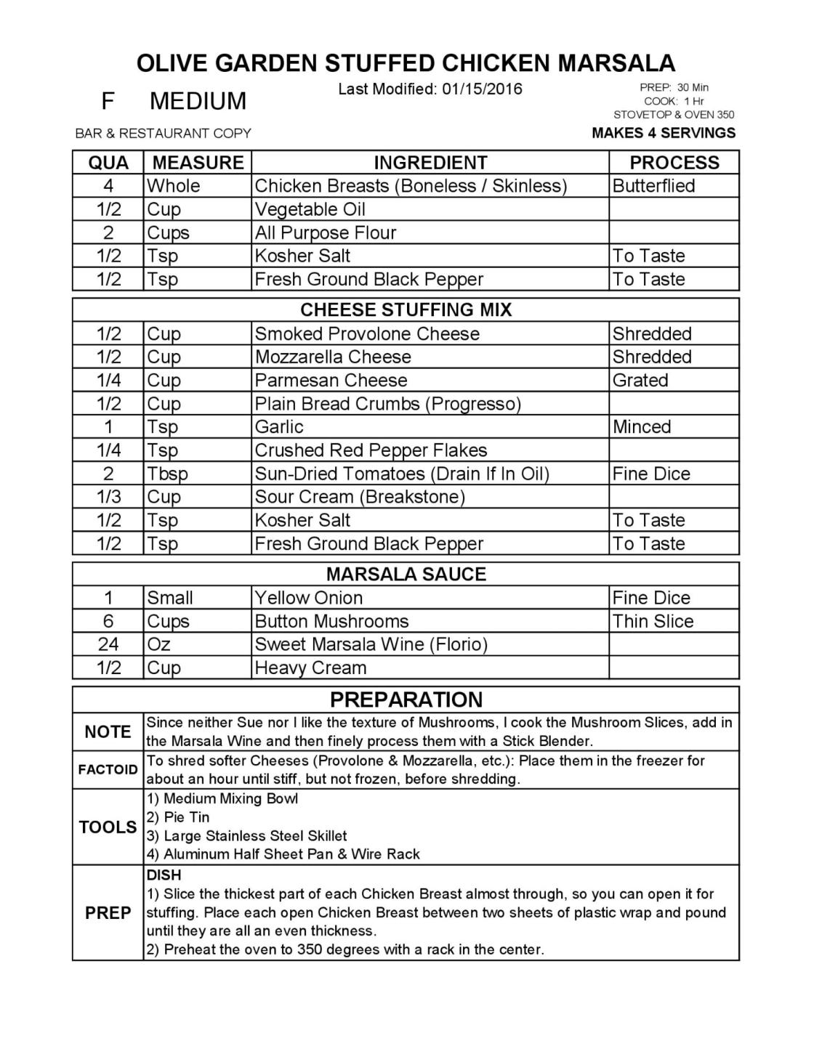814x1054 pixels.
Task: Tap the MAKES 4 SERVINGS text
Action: (664, 133)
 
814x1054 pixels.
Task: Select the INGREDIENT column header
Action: (430, 163)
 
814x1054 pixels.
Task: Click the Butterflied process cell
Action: (653, 186)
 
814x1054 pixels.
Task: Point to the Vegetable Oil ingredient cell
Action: (310, 209)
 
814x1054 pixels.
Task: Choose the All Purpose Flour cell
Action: (326, 232)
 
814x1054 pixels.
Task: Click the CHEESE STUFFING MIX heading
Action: (406, 310)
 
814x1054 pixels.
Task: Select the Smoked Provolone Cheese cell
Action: (367, 333)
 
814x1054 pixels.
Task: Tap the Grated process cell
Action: (640, 380)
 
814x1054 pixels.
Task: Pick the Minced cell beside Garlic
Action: (641, 426)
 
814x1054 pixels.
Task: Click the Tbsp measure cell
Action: (168, 474)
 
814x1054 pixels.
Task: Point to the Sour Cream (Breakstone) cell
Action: (360, 497)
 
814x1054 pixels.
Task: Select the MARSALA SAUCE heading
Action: (406, 575)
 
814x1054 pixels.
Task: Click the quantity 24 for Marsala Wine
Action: (108, 644)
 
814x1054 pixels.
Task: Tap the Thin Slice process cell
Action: (653, 621)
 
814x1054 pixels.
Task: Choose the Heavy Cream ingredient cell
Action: (310, 668)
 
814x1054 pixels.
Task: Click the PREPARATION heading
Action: (406, 700)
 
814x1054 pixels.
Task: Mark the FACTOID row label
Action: (108, 770)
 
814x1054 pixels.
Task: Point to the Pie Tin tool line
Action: (178, 817)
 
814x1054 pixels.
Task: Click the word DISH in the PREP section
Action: (164, 875)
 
